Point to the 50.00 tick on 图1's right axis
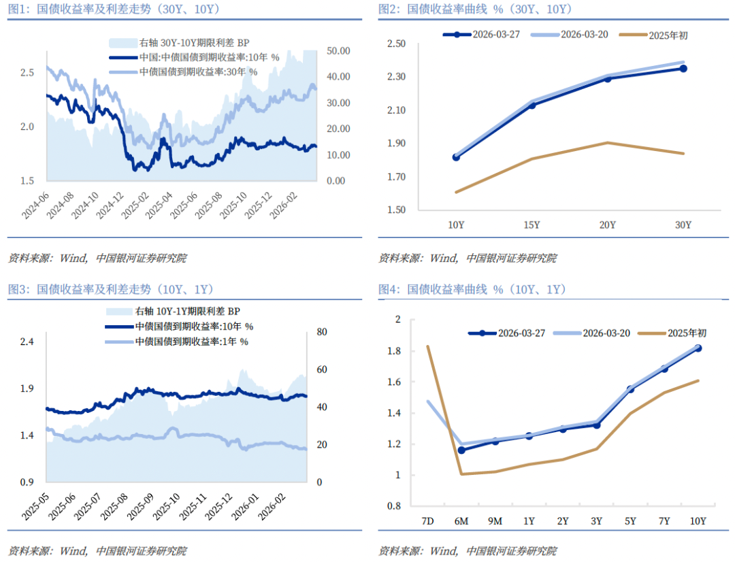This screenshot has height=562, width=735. (338, 51)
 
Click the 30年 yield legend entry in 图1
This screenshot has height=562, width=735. (198, 71)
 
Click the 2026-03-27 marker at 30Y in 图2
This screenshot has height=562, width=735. (683, 68)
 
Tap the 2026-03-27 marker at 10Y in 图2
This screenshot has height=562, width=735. (456, 157)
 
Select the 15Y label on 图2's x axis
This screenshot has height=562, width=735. (532, 225)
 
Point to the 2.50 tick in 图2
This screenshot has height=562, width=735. (396, 44)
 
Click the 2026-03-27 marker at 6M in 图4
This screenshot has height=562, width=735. (461, 450)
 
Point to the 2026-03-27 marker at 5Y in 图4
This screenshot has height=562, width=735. (630, 390)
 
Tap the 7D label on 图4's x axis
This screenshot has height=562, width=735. (427, 521)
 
